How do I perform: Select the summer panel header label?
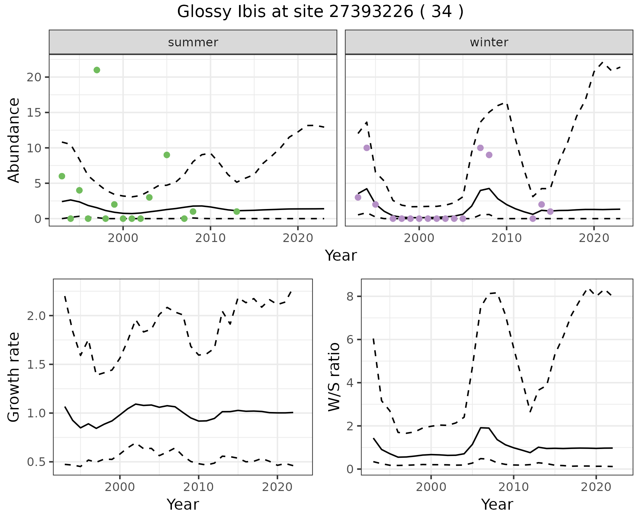click(x=193, y=42)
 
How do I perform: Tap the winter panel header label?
click(x=489, y=42)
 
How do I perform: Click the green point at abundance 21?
click(x=97, y=70)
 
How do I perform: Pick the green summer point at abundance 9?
click(x=167, y=155)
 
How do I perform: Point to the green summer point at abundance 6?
click(x=62, y=176)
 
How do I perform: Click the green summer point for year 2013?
click(x=237, y=212)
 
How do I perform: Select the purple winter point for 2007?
click(x=480, y=148)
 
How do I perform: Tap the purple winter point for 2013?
click(x=533, y=219)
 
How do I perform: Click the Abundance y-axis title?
click(x=14, y=140)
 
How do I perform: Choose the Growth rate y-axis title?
click(x=14, y=377)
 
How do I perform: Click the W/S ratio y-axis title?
click(x=334, y=377)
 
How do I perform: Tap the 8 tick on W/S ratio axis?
click(x=350, y=297)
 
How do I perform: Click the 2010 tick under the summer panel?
click(x=210, y=238)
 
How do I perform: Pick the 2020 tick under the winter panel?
click(x=594, y=238)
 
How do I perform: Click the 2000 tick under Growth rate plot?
click(x=120, y=487)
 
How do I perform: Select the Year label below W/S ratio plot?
click(x=497, y=505)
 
